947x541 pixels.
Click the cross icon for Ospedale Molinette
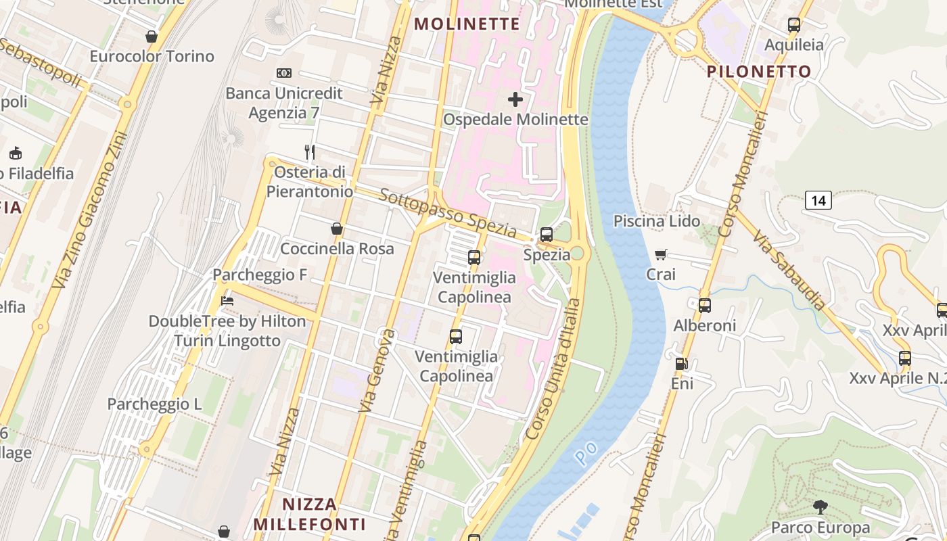pos(515,99)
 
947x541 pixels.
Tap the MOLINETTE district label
pos(467,24)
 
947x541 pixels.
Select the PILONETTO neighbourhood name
pos(759,72)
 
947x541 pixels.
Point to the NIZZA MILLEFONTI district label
pos(309,514)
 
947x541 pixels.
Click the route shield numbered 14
pos(818,200)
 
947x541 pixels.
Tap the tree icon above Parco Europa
pos(820,507)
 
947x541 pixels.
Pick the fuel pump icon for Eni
pos(681,364)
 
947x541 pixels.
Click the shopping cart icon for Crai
pos(661,254)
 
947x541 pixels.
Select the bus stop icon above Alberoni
pos(705,306)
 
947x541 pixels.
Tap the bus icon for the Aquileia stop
pos(794,25)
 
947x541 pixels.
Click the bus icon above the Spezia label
pos(546,235)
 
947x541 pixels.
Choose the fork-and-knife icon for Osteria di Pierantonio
pos(310,152)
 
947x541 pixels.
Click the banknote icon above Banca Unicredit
pos(284,73)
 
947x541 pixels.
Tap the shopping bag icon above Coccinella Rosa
pos(336,229)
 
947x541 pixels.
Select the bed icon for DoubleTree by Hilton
pos(227,301)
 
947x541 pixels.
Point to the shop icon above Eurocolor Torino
pos(152,37)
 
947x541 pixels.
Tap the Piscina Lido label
pos(656,221)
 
